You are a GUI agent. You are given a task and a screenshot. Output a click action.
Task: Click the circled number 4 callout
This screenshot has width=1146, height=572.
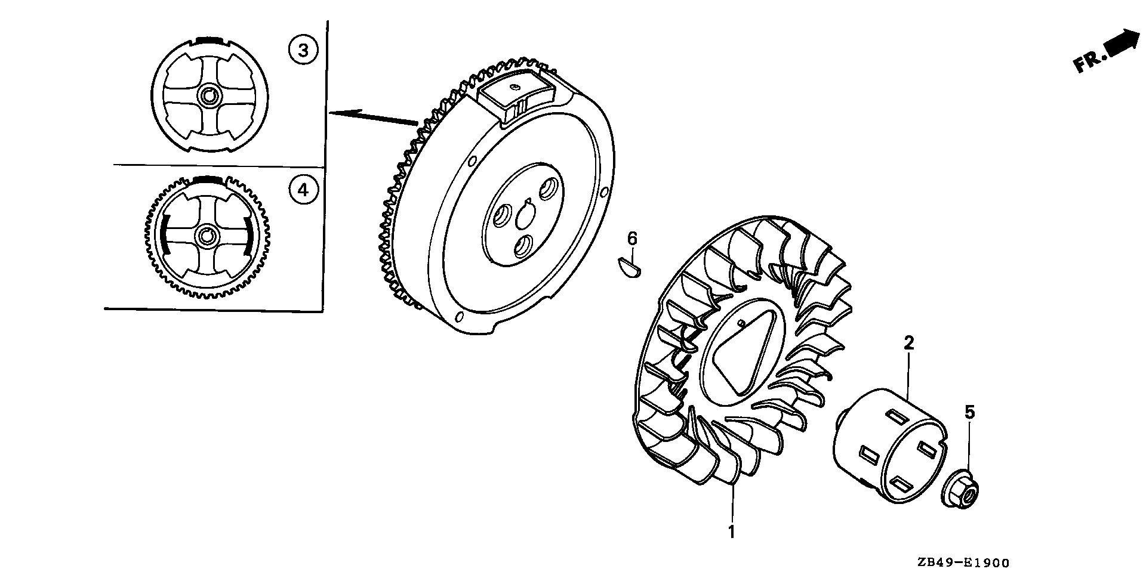(x=303, y=190)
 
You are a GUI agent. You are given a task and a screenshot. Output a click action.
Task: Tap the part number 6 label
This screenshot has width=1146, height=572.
(x=632, y=239)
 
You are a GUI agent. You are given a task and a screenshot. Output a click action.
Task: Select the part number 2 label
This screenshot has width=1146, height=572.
(x=908, y=343)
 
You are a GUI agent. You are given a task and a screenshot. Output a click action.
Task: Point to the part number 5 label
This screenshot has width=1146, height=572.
(x=969, y=412)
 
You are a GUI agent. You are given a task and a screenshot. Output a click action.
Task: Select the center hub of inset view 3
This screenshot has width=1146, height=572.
(x=210, y=95)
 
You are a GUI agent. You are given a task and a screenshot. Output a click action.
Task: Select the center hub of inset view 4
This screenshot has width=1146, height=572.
(x=207, y=236)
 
